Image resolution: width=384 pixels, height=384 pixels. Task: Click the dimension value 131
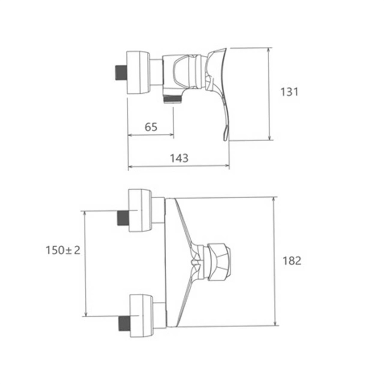pos(289,92)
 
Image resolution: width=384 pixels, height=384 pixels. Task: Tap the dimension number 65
pos(151,127)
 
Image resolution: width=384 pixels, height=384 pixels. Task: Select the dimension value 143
pos(179,158)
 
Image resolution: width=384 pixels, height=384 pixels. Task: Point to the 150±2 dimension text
pos(63,250)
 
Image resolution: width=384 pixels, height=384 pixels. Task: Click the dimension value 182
pos(292,261)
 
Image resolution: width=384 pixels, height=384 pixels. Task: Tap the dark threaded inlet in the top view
pos(121,73)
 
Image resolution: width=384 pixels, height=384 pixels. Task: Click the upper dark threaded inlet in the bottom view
pos(123,218)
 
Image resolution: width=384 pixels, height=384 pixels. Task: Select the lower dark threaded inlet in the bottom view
pos(124,323)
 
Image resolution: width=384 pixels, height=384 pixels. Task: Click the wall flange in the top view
pos(138,72)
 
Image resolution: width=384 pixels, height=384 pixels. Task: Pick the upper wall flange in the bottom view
pos(141,210)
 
